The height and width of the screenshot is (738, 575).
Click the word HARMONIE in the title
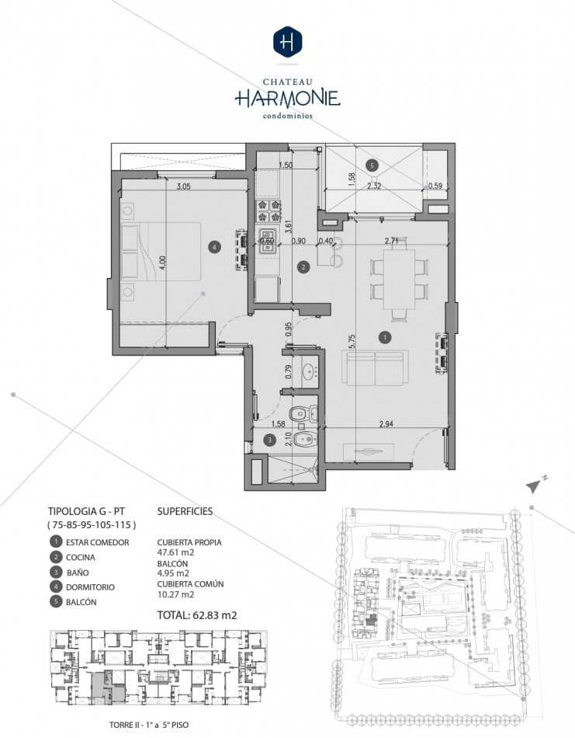point(287,98)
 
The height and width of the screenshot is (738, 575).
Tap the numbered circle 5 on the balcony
point(372,165)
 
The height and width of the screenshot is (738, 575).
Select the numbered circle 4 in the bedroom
point(214,246)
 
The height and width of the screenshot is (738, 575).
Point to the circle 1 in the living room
point(385,337)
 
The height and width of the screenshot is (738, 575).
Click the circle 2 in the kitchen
point(303,267)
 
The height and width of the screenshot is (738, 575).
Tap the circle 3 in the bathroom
point(269,440)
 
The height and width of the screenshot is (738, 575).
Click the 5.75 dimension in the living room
point(352,341)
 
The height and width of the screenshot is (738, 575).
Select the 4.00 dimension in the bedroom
point(162,263)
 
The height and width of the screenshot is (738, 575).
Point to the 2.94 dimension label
point(386,424)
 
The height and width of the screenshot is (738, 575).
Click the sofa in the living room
point(375,367)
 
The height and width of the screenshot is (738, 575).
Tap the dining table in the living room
point(399,279)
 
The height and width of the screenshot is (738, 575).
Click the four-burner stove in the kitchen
point(268,211)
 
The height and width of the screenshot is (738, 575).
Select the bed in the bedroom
point(161,252)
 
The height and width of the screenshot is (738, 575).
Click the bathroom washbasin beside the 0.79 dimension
point(309,371)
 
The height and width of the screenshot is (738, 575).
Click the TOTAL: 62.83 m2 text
point(197,614)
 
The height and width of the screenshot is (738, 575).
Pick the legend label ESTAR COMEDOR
point(97,542)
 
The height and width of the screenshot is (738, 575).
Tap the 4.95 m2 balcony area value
point(173,573)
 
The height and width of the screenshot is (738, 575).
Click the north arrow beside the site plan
point(535,486)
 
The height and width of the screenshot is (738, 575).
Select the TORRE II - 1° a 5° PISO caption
point(148,725)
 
